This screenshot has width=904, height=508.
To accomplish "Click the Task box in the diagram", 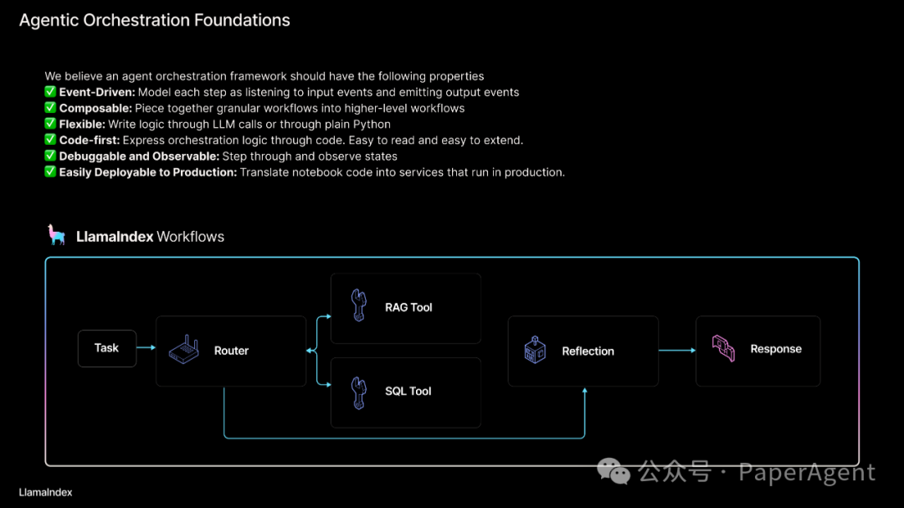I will (106, 348).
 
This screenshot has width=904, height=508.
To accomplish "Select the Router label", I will (231, 351).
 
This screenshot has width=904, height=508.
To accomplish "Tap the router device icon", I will (184, 350).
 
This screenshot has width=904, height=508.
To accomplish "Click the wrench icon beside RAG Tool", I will (359, 306).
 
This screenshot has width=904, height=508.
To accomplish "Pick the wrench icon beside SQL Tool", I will (359, 391).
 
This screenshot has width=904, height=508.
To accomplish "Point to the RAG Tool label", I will (408, 307).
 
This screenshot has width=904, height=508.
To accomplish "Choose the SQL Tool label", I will (408, 391).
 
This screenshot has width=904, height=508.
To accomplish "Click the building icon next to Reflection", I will (535, 351).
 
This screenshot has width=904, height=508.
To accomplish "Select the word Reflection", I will (588, 351).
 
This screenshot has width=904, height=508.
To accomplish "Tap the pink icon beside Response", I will (723, 348).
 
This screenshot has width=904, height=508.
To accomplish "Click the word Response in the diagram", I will (776, 349).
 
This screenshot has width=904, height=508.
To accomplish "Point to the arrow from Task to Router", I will (146, 348).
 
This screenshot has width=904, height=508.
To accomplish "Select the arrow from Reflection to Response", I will (676, 351).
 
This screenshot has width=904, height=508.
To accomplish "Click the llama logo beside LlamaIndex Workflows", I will (57, 235).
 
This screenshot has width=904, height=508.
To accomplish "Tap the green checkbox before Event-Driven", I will (50, 92).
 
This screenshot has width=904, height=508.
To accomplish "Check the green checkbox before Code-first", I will (50, 140).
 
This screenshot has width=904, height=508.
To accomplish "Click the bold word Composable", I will (95, 108).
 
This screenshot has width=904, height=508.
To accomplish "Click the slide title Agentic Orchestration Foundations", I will (155, 20).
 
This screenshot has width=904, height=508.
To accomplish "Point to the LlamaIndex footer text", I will (45, 492).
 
